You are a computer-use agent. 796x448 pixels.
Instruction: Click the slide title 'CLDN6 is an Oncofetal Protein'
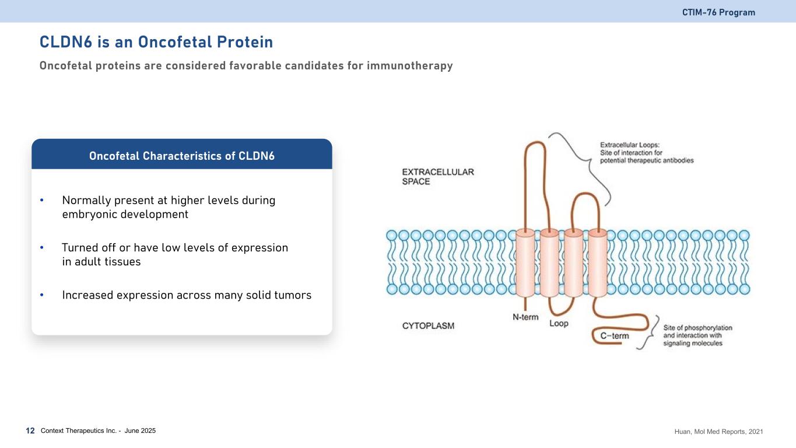[x=156, y=42]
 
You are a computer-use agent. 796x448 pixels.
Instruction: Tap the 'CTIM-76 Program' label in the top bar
[x=718, y=12]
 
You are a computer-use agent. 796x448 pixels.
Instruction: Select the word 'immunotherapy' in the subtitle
[x=409, y=66]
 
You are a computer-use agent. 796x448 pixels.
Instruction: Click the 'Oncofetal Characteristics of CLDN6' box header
[x=181, y=156]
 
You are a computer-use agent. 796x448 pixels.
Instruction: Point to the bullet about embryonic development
[x=169, y=207]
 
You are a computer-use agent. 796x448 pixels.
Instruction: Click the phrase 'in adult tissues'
[x=101, y=262]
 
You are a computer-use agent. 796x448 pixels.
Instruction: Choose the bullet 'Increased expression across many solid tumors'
[x=187, y=295]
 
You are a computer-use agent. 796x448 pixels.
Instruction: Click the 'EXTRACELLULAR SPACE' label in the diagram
[x=438, y=177]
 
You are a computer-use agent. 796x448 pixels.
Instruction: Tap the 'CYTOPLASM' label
[x=428, y=325]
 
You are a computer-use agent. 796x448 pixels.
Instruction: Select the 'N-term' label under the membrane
[x=525, y=317]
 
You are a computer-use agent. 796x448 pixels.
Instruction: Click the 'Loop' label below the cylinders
[x=559, y=323]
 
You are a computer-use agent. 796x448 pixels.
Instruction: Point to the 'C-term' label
[x=615, y=335]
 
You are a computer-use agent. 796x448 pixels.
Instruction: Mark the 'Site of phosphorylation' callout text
[x=697, y=335]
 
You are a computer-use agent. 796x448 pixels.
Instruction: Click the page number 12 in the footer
[x=30, y=431]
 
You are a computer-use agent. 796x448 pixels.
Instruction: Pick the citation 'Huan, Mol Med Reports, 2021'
[x=717, y=432]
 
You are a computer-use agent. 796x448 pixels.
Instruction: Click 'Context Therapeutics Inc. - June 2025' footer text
[x=98, y=431]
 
